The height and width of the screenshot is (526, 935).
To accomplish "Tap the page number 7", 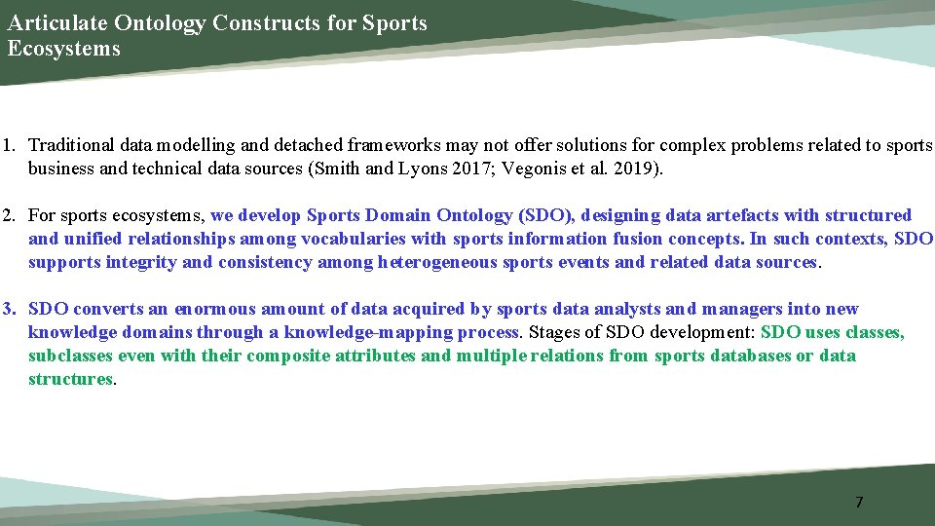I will tap(858, 503).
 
